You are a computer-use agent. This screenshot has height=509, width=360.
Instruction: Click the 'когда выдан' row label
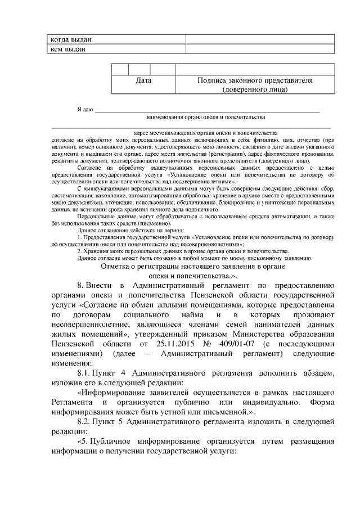(71, 40)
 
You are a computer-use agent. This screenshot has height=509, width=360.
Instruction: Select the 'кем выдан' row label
(68, 49)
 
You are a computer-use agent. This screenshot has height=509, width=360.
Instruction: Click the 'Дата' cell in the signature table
(144, 80)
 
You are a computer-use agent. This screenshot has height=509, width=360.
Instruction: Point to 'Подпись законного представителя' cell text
(255, 80)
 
